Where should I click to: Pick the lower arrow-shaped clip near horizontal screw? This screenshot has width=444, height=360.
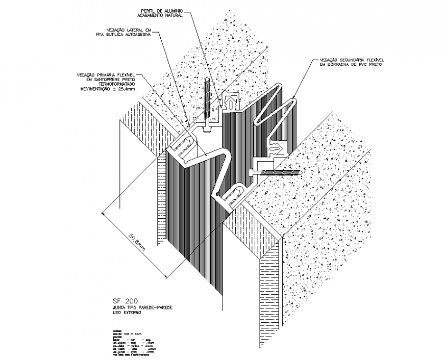pyautogui.click(x=279, y=148)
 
